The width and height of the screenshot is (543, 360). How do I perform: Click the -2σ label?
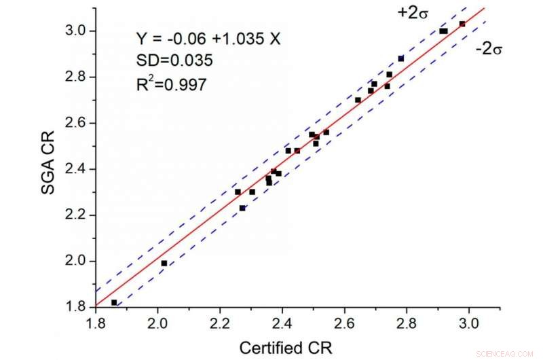(x=487, y=50)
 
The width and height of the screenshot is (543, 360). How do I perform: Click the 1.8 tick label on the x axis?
(x=96, y=325)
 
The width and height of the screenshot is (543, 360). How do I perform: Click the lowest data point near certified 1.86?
(x=114, y=302)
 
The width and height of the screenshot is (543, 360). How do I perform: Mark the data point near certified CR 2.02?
(x=164, y=263)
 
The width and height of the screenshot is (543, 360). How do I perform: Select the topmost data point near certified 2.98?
(x=462, y=24)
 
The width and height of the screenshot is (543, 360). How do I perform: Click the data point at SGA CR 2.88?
(x=401, y=58)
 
